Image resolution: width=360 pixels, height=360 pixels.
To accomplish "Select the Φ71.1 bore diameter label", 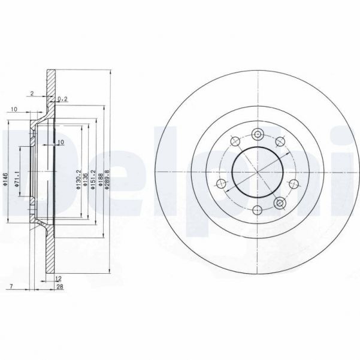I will (18, 179).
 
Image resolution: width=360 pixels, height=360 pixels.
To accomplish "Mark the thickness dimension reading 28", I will (60, 287).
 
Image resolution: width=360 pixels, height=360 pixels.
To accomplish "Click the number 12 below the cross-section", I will (58, 279).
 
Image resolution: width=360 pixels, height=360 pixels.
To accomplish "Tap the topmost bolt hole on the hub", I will (258, 134).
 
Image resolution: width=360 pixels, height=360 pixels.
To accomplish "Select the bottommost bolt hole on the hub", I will (258, 210).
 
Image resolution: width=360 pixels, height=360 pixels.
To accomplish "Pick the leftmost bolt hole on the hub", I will (222, 183).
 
